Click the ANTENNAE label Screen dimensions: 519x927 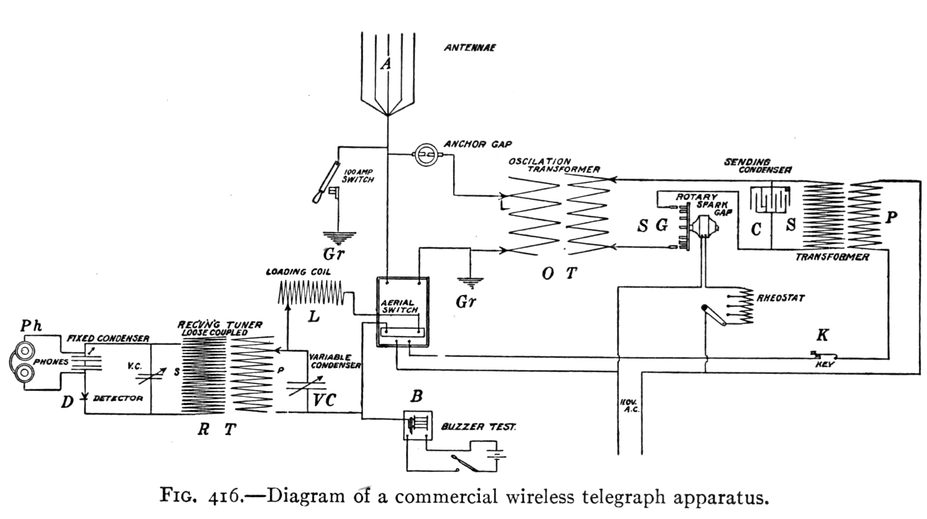click(469, 47)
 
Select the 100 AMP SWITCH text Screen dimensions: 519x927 click(358, 176)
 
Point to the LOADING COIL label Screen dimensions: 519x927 click(298, 272)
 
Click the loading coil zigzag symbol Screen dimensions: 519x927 click(311, 293)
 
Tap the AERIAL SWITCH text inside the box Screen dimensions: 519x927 click(399, 306)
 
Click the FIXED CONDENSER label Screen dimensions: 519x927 click(108, 339)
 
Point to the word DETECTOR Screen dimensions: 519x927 click(118, 398)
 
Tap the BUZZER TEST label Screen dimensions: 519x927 click(478, 427)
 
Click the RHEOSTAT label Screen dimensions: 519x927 click(781, 298)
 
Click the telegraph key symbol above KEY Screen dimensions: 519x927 click(823, 355)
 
